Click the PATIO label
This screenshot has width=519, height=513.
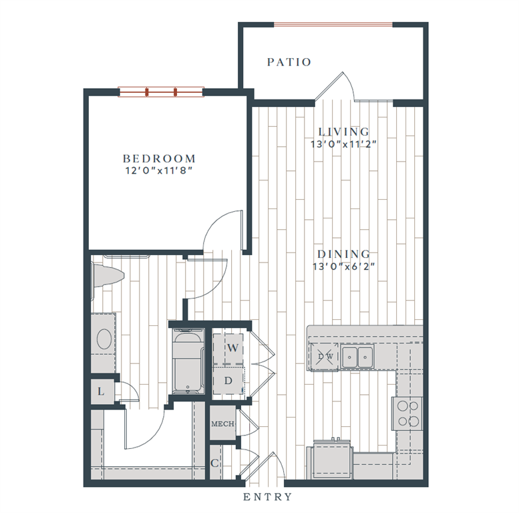(x=289, y=62)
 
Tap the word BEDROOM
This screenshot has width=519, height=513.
(x=160, y=159)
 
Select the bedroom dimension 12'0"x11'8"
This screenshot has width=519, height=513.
(x=160, y=171)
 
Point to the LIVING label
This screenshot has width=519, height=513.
(x=344, y=132)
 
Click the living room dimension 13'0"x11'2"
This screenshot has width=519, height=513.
(x=344, y=144)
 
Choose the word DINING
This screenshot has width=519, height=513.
(x=344, y=254)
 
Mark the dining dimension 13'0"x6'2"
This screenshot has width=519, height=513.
(x=344, y=267)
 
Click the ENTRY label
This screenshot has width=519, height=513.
(x=267, y=497)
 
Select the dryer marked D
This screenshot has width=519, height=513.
(x=228, y=381)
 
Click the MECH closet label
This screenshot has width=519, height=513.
(x=222, y=425)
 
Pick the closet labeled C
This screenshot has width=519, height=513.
(x=215, y=463)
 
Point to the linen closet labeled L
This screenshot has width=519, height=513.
(x=101, y=391)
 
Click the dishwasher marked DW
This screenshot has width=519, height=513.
(x=325, y=357)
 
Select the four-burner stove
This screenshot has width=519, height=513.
(x=408, y=413)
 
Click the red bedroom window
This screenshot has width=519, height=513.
(x=161, y=92)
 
